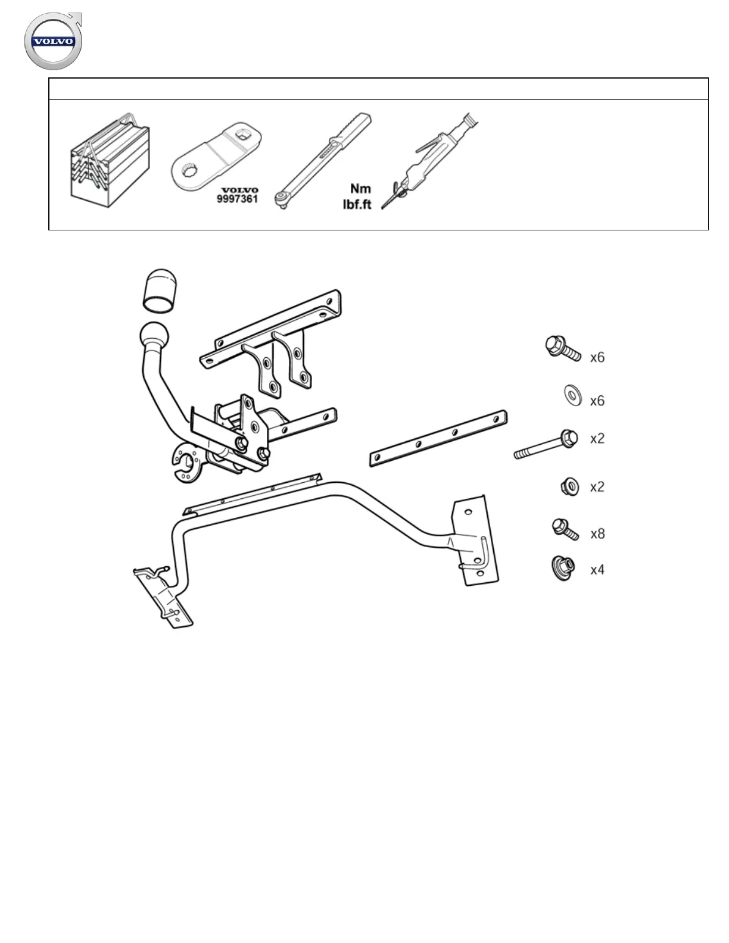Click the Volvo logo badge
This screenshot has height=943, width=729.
tap(52, 42)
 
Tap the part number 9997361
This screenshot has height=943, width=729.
tap(236, 199)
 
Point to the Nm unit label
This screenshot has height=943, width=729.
tap(360, 189)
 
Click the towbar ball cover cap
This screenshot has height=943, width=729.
tap(160, 290)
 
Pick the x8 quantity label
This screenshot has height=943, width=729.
tap(597, 533)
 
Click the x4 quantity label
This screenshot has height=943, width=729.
tap(597, 570)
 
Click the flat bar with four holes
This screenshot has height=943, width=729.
tap(438, 438)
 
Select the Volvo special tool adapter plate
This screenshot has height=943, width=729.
tap(211, 158)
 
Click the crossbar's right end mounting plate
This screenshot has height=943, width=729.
tap(475, 541)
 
